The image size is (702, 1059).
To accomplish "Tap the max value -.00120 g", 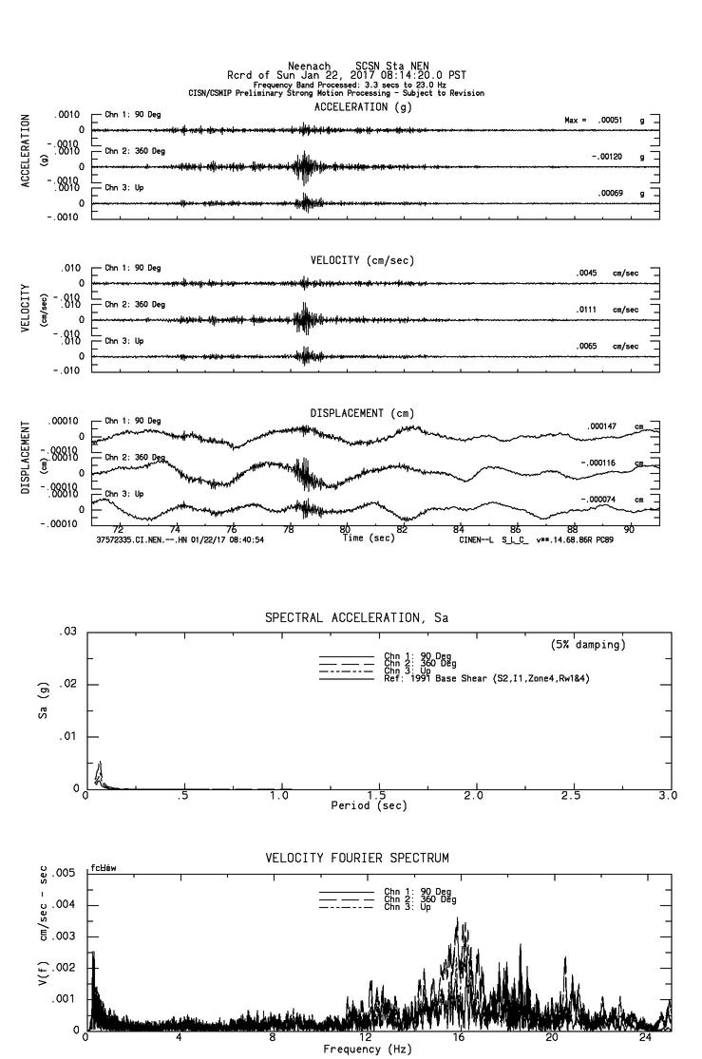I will click(606, 157).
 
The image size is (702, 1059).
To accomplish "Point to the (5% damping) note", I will click(588, 645).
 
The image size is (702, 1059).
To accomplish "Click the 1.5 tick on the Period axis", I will click(376, 796).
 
